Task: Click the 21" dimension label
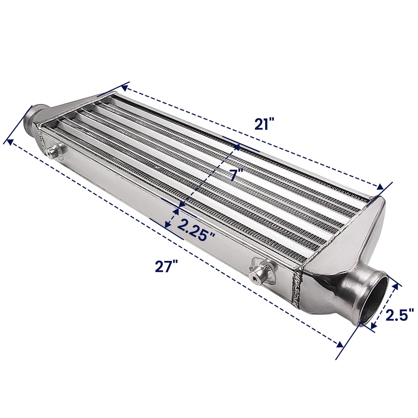[264, 124]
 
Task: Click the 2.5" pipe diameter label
[398, 314]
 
